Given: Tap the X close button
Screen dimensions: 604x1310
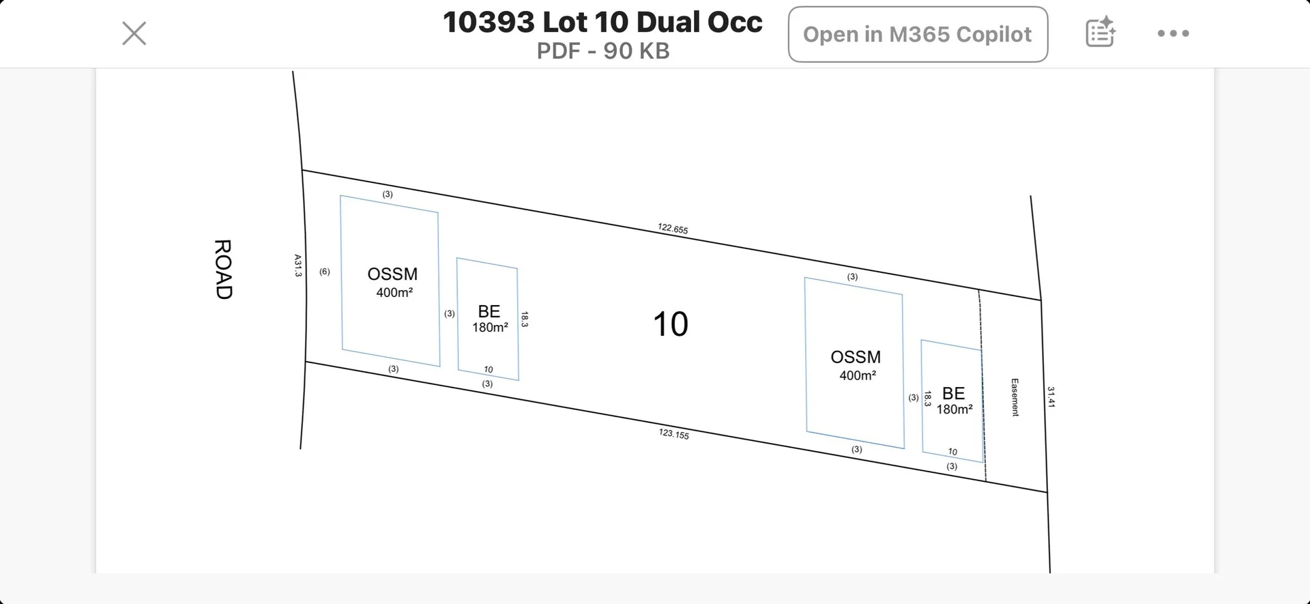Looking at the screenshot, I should (134, 33).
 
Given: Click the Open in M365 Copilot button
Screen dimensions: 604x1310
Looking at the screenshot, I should (918, 34).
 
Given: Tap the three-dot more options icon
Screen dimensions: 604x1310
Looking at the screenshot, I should (1173, 33).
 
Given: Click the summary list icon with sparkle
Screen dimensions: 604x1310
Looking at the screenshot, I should (1100, 33).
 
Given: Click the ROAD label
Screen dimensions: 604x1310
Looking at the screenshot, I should (223, 269).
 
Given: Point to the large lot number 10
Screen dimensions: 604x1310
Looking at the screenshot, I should (670, 324).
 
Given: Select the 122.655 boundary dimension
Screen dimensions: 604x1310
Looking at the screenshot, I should (673, 229).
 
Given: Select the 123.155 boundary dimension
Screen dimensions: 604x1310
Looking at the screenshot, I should (673, 433).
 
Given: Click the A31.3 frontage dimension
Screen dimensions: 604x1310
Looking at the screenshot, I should (297, 265).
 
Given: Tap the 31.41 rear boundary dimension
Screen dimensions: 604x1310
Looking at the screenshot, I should (1051, 397).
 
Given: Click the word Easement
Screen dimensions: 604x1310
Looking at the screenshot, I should (1015, 397).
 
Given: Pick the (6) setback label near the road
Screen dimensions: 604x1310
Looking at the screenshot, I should (325, 272).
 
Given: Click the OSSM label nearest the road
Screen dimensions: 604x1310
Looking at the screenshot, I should (392, 274).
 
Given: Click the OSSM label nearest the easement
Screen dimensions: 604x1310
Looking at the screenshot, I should (856, 357).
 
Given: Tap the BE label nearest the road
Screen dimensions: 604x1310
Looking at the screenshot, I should (489, 312).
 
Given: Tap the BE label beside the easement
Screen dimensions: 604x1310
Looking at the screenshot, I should (953, 394).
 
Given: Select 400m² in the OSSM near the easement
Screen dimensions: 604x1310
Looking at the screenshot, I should (858, 375).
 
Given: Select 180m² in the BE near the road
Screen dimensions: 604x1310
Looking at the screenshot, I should (490, 328).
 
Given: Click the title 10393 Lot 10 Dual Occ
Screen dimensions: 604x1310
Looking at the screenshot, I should (602, 23).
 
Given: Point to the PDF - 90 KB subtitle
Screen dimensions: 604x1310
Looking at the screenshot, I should (603, 51).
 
